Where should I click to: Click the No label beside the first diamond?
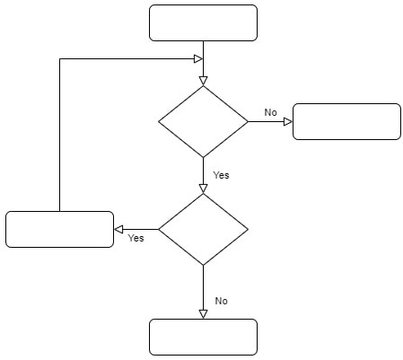tap(270, 112)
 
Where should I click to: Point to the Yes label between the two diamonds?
tap(221, 175)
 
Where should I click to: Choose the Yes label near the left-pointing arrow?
tap(136, 238)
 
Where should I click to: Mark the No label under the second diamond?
tap(221, 301)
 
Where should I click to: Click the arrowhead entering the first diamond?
tap(203, 81)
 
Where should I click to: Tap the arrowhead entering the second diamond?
tap(203, 189)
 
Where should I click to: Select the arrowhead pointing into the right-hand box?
tap(288, 122)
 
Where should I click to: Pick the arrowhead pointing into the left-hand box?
tap(118, 230)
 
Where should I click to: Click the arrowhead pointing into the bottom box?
tap(203, 314)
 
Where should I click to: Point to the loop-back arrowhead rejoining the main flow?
tap(198, 59)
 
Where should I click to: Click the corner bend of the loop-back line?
tap(60, 59)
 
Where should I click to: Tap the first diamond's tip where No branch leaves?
tap(248, 121)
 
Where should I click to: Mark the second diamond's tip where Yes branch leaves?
tap(159, 230)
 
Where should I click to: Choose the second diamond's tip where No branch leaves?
tap(203, 265)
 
